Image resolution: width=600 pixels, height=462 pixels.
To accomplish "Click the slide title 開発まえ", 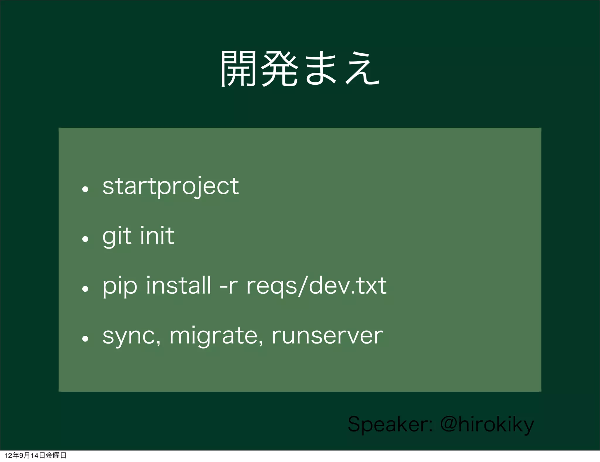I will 300,69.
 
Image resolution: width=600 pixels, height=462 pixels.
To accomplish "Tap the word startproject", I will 171,186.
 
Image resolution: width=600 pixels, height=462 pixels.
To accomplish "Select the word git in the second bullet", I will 117,236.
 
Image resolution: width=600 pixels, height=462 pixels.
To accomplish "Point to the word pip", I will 120,286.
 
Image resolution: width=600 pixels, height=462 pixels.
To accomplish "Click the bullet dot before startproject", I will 85,189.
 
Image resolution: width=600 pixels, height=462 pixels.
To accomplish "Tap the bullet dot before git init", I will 85,239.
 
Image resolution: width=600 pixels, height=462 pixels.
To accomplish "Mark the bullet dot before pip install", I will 85,289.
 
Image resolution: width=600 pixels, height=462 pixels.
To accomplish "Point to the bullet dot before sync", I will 85,339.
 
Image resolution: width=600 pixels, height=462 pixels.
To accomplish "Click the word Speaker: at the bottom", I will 390,424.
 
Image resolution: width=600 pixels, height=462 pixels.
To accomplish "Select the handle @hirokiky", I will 487,424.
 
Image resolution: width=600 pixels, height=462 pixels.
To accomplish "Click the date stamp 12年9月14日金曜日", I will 35,455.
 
